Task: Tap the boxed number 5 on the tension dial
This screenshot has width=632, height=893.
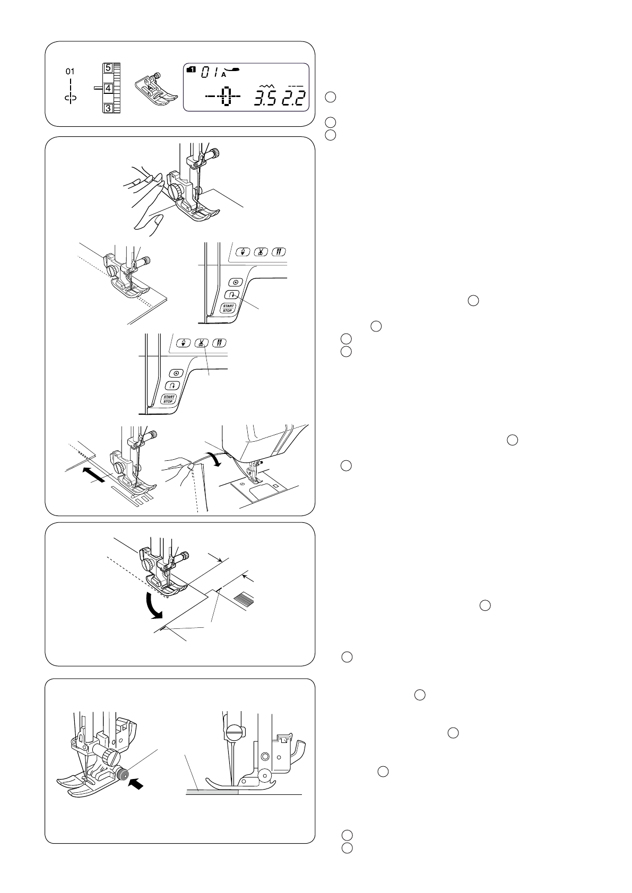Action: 108,68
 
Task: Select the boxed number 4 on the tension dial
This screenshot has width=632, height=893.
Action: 108,88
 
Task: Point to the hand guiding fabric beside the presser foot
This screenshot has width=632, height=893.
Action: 143,202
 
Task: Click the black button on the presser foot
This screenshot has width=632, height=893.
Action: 123,775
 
